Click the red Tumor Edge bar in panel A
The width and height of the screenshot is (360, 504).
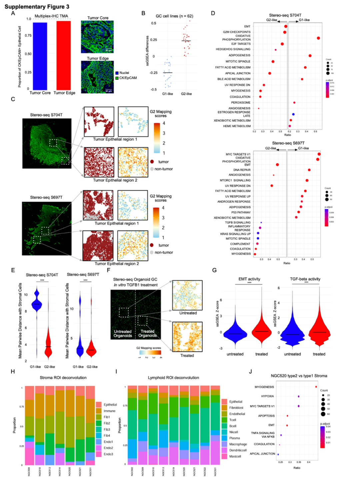tap(64, 55)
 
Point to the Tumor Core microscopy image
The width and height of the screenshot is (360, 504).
tap(97, 37)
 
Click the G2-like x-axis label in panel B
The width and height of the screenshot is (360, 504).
tap(186, 94)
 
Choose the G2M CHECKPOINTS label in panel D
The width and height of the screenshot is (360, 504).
tap(237, 32)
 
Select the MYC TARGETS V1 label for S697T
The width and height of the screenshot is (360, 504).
tap(238, 154)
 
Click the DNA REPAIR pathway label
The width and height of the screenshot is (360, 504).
tap(242, 170)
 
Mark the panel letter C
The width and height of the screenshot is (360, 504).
tap(13, 99)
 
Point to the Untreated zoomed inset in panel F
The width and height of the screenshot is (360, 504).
tap(187, 295)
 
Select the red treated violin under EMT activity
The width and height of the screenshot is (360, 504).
tap(262, 330)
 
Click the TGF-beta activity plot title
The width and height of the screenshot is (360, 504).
tap(305, 279)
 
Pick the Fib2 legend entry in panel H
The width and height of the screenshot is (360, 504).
tap(107, 423)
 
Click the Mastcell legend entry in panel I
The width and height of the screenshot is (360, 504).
tap(235, 456)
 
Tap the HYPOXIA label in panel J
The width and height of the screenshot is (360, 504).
tap(267, 396)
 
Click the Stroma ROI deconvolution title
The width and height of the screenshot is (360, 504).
tap(63, 378)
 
